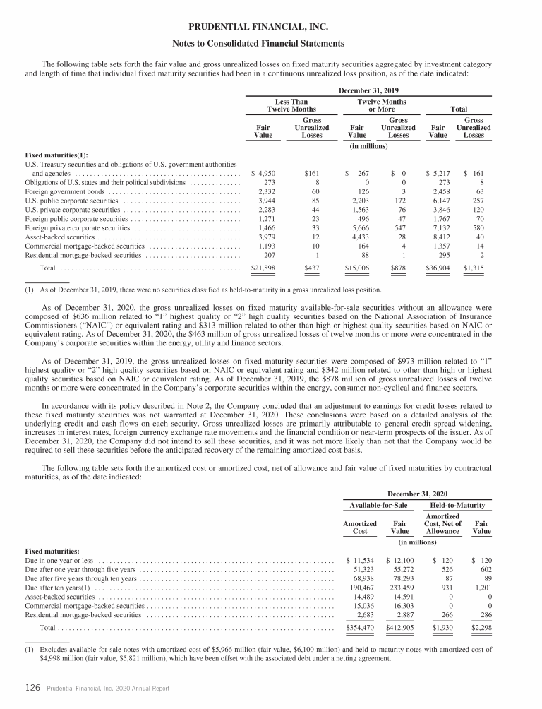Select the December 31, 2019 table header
click(369, 91)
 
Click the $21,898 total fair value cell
click(263, 268)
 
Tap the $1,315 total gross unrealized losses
click(474, 268)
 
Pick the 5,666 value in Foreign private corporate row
click(357, 228)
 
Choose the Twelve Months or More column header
click(382, 106)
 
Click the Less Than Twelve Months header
click(291, 106)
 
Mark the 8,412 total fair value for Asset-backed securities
click(439, 237)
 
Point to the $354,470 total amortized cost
click(360, 627)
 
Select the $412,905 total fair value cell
click(400, 627)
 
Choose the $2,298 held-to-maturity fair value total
click(481, 627)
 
